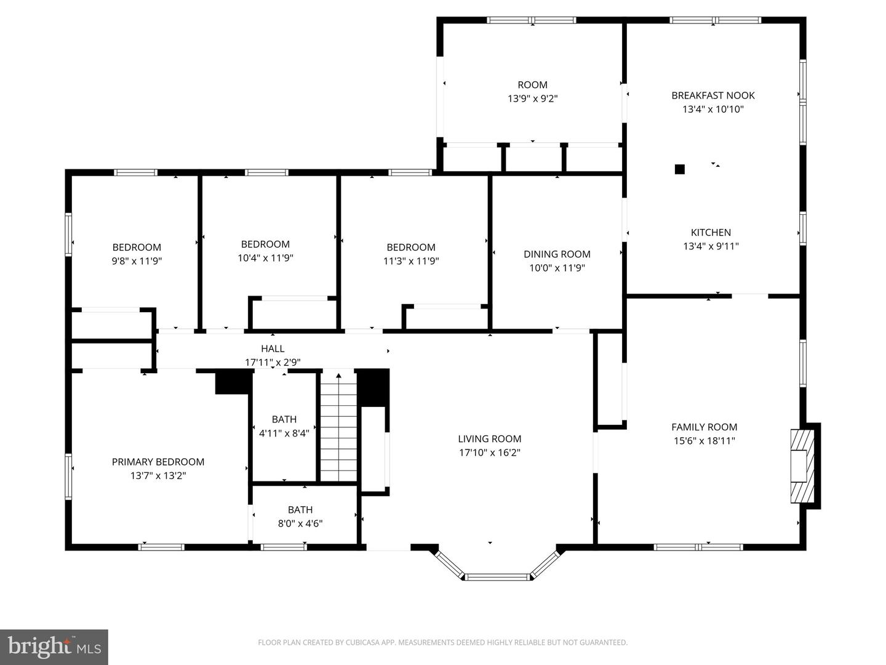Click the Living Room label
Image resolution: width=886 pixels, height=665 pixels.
[x=489, y=439]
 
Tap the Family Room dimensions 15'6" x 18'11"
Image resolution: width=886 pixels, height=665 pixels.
[x=704, y=441]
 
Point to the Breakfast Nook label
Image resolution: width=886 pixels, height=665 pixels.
[x=712, y=95]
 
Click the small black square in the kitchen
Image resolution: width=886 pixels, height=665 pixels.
[x=679, y=169]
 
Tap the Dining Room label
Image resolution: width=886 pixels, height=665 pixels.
[x=557, y=254]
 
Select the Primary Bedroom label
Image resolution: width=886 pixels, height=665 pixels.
[x=158, y=462]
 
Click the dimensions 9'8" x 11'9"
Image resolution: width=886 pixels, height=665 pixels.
[x=137, y=261]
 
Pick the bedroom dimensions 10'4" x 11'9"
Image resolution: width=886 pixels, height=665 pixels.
[x=265, y=258]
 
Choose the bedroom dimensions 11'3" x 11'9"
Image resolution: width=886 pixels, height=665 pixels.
[x=411, y=261]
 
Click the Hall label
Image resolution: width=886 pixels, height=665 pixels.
[x=273, y=349]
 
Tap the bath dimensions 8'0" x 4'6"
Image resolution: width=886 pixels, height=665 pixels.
[x=300, y=523]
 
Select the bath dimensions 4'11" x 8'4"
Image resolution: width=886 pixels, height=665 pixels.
[x=284, y=433]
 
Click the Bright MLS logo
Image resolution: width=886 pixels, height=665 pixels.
[x=54, y=647]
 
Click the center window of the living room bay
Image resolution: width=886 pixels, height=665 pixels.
[x=497, y=577]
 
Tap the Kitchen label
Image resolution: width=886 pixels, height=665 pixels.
[x=711, y=233]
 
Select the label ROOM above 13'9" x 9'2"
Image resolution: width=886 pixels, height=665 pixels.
[x=532, y=85]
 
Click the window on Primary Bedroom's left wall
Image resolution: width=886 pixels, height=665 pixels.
[x=68, y=477]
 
